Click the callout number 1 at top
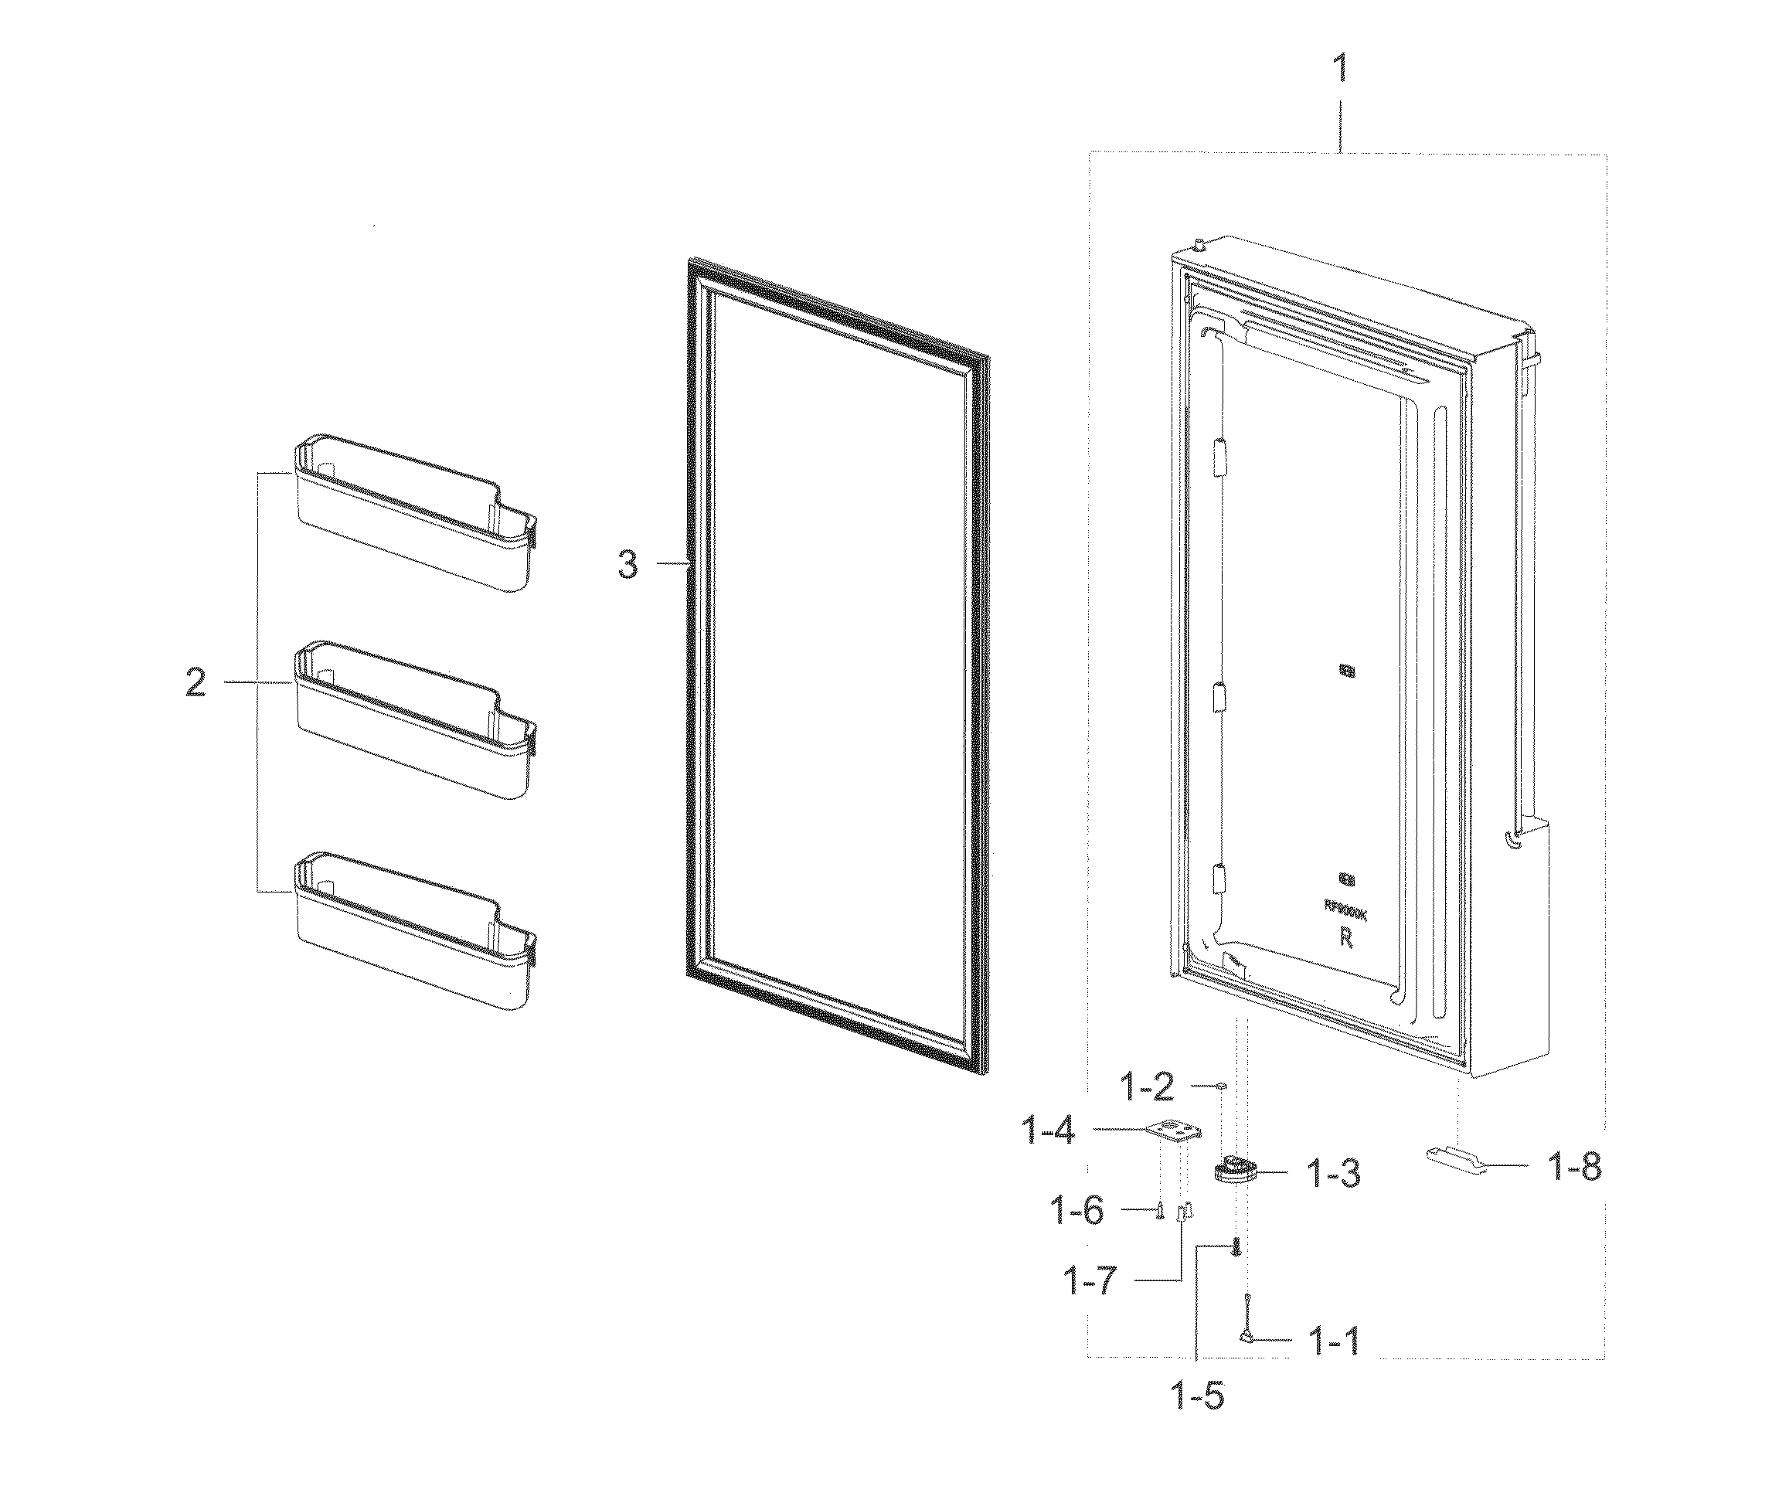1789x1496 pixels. coord(1340,68)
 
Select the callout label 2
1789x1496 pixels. coord(196,683)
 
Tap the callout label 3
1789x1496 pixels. coord(628,565)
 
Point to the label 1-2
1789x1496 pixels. coord(1146,1087)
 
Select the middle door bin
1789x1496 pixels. coord(415,720)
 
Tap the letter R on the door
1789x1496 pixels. coord(1346,938)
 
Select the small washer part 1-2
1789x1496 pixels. coord(1221,1086)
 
